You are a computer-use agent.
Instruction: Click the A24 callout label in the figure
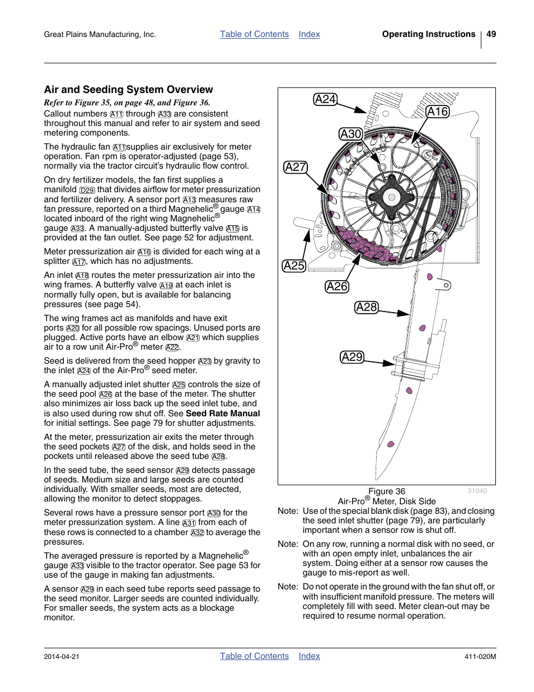[x=325, y=100]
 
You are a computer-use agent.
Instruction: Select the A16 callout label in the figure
[x=437, y=112]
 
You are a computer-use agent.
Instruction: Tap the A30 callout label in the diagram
[x=351, y=134]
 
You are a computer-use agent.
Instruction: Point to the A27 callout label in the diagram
[x=296, y=167]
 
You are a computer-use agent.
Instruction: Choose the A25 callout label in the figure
[x=294, y=266]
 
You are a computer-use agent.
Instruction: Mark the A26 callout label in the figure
[x=337, y=286]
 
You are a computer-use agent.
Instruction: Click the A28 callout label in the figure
[x=367, y=307]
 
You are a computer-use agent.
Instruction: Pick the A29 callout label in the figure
[x=352, y=357]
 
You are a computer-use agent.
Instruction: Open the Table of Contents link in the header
[x=254, y=34]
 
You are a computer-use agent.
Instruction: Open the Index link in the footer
[x=309, y=656]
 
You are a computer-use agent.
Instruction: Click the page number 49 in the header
[x=491, y=34]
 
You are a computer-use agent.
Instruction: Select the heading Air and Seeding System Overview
[x=128, y=90]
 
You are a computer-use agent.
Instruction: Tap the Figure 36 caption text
[x=386, y=491]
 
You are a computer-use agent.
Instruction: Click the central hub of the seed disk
[x=391, y=197]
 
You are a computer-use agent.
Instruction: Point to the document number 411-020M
[x=480, y=657]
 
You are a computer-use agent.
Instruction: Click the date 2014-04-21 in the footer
[x=62, y=657]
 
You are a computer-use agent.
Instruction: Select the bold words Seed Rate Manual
[x=223, y=414]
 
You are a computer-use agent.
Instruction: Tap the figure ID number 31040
[x=477, y=491]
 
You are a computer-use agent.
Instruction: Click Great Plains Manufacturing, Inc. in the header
[x=100, y=35]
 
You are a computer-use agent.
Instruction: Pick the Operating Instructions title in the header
[x=428, y=34]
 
